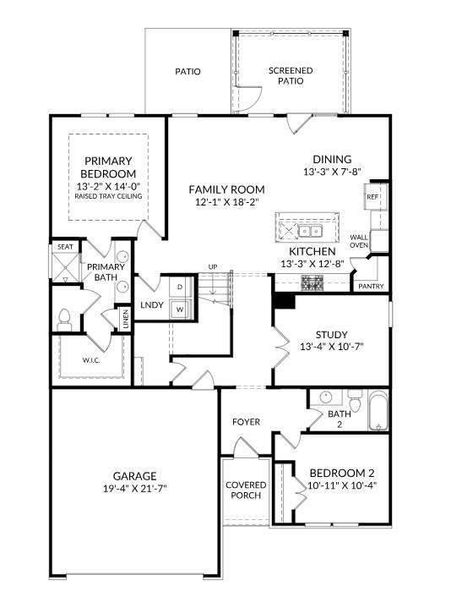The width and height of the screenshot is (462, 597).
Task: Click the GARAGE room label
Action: [x=135, y=475]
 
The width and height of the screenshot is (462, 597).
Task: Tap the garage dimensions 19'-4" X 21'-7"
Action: [x=135, y=489]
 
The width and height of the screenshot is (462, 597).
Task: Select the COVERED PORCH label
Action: [x=247, y=490]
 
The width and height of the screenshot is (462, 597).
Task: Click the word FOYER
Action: [x=246, y=422]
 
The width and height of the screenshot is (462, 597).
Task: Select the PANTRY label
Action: [x=371, y=287]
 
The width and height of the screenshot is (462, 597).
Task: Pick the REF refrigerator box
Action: [x=372, y=197]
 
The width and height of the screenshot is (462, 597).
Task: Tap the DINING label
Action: [x=332, y=159]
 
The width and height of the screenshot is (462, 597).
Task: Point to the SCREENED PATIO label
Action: [x=291, y=76]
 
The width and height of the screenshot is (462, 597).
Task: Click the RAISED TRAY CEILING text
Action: [x=108, y=196]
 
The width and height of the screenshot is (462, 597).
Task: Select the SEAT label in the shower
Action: [x=64, y=248]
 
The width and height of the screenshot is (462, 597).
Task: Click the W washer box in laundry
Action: [x=180, y=309]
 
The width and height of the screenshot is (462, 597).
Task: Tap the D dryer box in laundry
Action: [x=180, y=288]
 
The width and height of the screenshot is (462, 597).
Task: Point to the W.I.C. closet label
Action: [x=92, y=359]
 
